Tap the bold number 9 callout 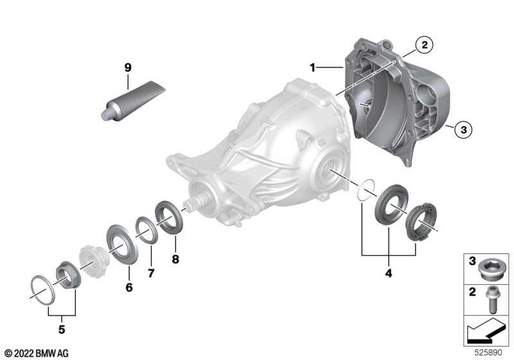click(x=128, y=67)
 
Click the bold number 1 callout click(x=312, y=68)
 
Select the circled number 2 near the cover click(x=424, y=44)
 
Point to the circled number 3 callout click(x=463, y=129)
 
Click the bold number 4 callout click(x=389, y=273)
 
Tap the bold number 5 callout click(x=62, y=330)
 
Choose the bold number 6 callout click(x=129, y=287)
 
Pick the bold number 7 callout click(x=151, y=273)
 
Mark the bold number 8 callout click(x=175, y=259)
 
